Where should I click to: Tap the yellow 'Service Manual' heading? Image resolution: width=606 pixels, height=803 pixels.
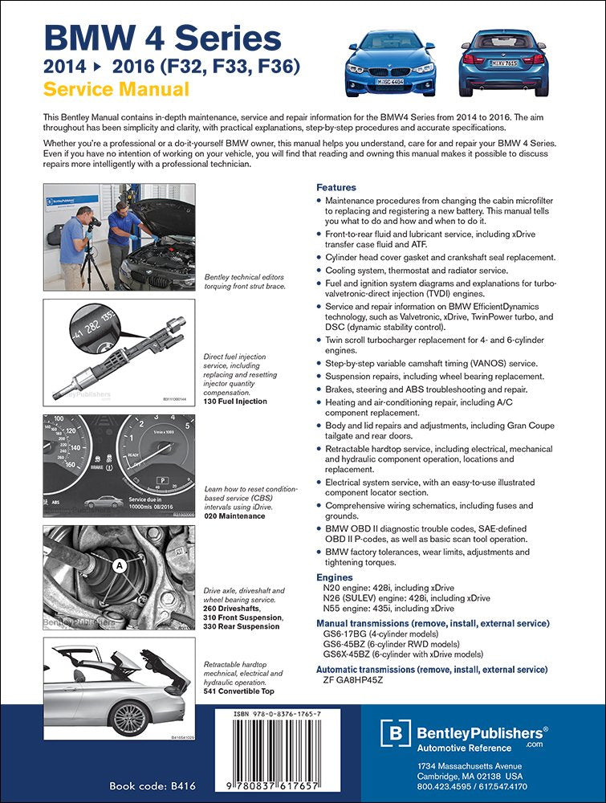pos(116,89)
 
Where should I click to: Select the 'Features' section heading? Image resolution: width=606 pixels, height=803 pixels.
pos(336,187)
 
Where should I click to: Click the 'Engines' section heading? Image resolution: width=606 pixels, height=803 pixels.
pos(335,577)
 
